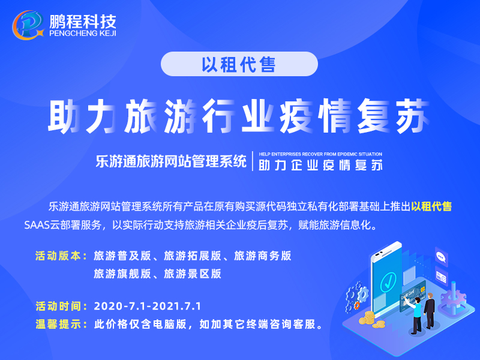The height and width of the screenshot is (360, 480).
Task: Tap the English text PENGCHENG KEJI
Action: coord(83,33)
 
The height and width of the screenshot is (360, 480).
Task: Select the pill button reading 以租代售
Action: coord(239,64)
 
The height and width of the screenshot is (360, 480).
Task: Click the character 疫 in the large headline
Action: coord(296,116)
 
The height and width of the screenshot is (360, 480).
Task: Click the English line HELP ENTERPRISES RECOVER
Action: coord(320,154)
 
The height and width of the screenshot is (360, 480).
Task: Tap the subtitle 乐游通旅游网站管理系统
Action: coord(171,161)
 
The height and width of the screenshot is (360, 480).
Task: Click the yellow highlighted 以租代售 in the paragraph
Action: coord(431,206)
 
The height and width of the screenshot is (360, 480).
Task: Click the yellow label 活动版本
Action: coord(58,256)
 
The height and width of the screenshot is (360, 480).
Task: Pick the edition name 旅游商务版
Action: coord(263,256)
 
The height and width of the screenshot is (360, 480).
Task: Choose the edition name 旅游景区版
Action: coord(193,274)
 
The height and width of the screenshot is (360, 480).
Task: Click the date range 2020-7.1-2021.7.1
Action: coord(148,306)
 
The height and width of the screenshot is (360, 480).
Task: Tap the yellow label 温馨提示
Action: coord(58,324)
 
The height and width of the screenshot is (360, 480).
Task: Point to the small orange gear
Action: coord(356,305)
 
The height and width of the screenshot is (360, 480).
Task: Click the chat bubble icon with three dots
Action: coord(441,257)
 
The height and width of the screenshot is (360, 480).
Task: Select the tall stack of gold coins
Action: coord(370,317)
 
